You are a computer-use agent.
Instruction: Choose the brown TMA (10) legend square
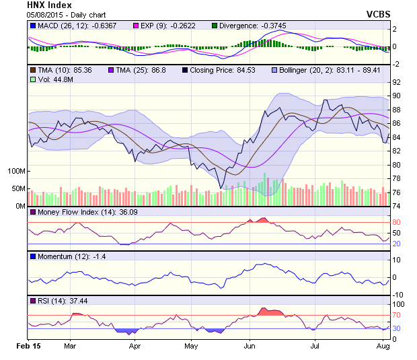32,70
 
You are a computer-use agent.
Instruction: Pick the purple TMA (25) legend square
110,70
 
